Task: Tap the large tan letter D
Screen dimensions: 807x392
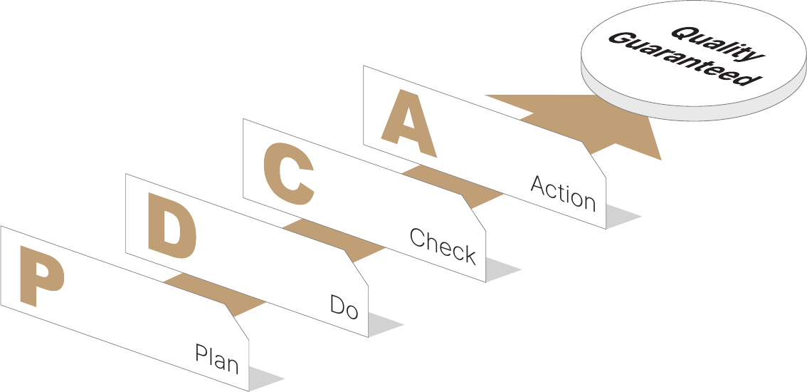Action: pyautogui.click(x=172, y=226)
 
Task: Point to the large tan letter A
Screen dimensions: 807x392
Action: pyautogui.click(x=408, y=124)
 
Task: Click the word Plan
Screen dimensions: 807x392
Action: pyautogui.click(x=216, y=359)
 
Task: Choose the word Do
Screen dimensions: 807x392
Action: pyautogui.click(x=344, y=307)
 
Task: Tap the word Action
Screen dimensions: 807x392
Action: pyautogui.click(x=562, y=193)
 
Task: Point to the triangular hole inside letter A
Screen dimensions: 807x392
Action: pyautogui.click(x=409, y=118)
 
